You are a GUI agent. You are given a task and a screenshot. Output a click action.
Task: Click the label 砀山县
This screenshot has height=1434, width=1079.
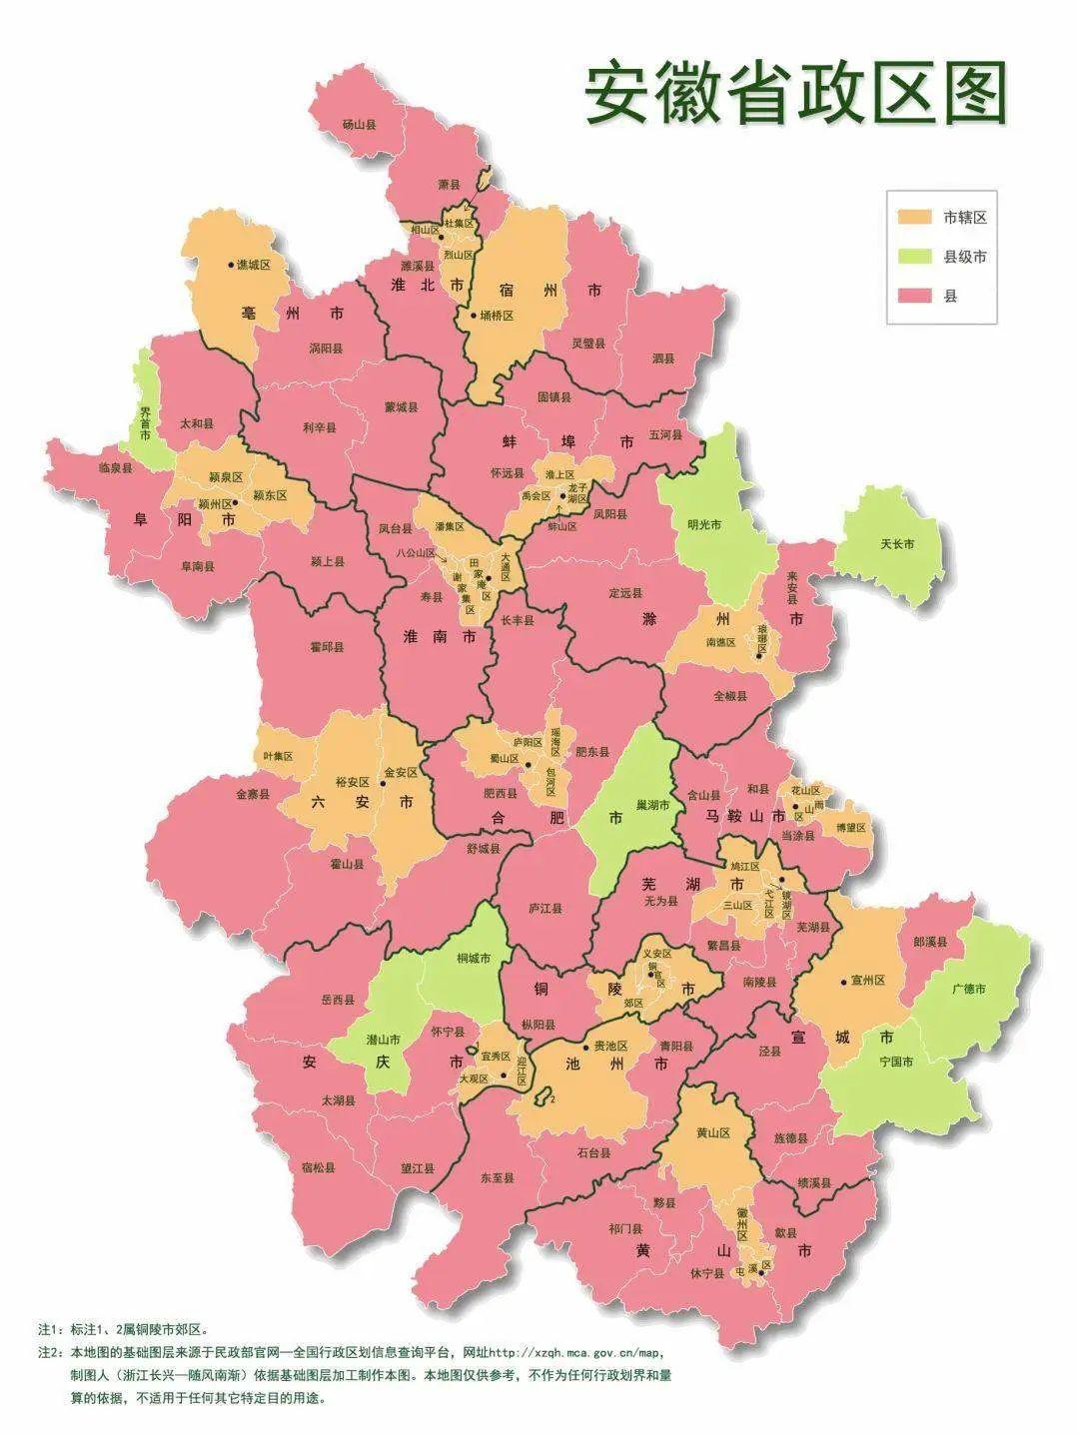pyautogui.click(x=359, y=125)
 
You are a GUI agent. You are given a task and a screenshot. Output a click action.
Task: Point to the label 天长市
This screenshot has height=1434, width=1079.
pyautogui.click(x=897, y=544)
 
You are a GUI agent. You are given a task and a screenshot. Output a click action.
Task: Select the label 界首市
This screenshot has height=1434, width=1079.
pyautogui.click(x=145, y=417)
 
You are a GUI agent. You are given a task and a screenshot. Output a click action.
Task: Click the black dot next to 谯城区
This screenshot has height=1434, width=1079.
pyautogui.click(x=231, y=265)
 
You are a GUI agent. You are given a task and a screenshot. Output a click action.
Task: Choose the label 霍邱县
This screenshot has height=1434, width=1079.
pyautogui.click(x=327, y=646)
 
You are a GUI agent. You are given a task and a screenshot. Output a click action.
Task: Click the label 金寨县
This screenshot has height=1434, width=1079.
pyautogui.click(x=253, y=795)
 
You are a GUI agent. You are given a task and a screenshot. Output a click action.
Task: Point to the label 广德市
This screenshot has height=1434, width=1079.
pyautogui.click(x=968, y=989)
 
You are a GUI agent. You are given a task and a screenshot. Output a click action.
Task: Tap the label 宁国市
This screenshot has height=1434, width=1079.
pyautogui.click(x=895, y=1062)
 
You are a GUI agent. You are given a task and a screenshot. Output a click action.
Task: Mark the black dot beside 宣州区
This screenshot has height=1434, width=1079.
pyautogui.click(x=845, y=981)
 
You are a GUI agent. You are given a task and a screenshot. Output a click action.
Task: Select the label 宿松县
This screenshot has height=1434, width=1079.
pyautogui.click(x=319, y=1166)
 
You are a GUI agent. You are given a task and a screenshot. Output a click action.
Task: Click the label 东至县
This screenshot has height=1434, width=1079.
pyautogui.click(x=498, y=1177)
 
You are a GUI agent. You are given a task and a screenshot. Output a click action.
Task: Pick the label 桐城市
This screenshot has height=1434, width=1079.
pyautogui.click(x=474, y=958)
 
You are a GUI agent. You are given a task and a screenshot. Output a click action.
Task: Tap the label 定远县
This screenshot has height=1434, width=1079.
pyautogui.click(x=625, y=592)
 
